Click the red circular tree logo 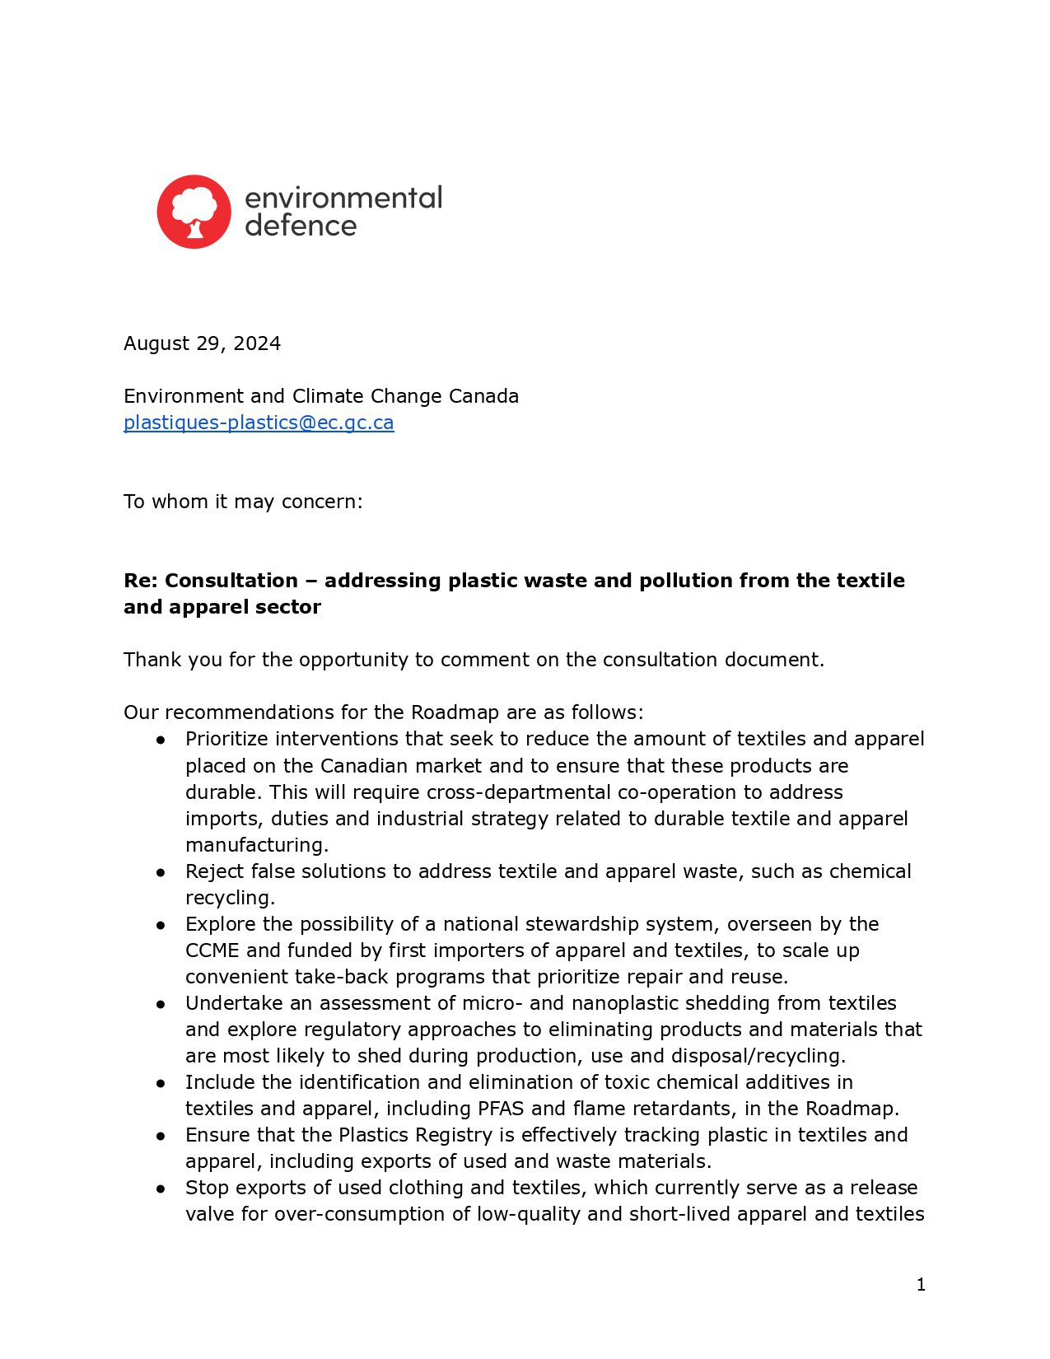(x=194, y=212)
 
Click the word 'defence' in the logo (x=301, y=226)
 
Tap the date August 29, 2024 (x=202, y=343)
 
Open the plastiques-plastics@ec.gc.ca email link (x=259, y=423)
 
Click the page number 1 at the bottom (x=921, y=1284)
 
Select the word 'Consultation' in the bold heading (x=231, y=581)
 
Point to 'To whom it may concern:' (x=243, y=502)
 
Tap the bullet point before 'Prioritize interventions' (x=161, y=740)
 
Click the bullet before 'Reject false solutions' (x=161, y=871)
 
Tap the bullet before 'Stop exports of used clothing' (x=161, y=1188)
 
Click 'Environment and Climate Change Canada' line (x=321, y=396)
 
